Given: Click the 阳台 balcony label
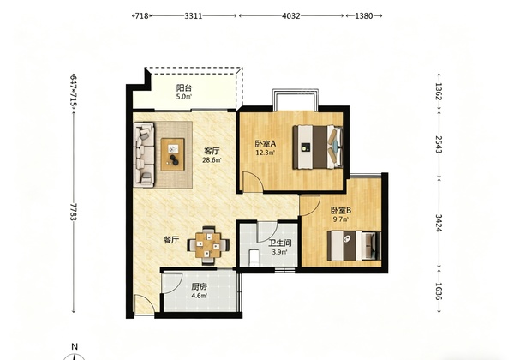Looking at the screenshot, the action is pos(184,88).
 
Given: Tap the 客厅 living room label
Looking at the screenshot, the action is pos(212,151).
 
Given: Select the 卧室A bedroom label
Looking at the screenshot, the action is pos(266,144).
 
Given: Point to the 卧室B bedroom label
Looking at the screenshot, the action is pos(341,210).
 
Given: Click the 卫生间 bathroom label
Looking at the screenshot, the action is pos(279,243).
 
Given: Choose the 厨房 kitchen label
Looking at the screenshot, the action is pos(200,287).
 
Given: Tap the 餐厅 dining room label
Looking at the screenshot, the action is pos(171,240).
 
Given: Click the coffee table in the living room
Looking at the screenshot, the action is pos(172,154).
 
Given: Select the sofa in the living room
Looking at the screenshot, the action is pos(144,155).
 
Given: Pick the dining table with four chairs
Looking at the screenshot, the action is pos(208,245).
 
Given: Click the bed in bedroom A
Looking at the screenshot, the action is pos(318,147).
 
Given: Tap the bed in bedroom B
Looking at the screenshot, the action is pos(354,246).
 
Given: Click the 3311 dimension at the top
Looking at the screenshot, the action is pos(194,15).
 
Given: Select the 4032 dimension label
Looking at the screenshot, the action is pos(291,15).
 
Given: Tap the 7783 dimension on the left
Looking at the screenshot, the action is pos(74,212).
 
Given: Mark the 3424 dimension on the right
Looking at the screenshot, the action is pos(439,223).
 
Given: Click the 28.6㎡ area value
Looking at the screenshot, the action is pos(212,160).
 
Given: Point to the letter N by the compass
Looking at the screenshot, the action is pos(75,346).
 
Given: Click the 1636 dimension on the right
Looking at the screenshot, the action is pos(439,291).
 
